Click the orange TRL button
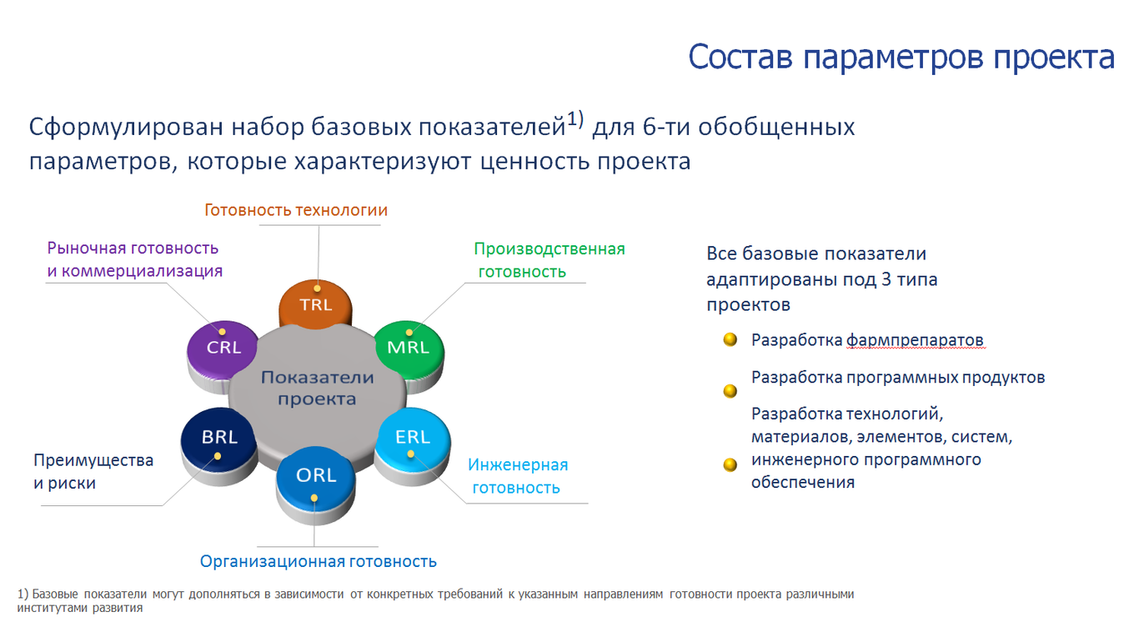(x=315, y=303)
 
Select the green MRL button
(x=409, y=349)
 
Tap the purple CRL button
(x=223, y=349)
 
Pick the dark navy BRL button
(x=218, y=439)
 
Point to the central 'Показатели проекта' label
(x=318, y=388)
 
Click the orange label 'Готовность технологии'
(x=296, y=210)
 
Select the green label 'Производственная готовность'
(x=549, y=260)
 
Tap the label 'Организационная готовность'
(x=318, y=561)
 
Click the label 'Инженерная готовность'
(x=518, y=476)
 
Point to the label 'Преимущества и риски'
(x=93, y=471)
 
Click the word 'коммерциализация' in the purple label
(x=143, y=271)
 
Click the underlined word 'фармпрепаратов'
(x=916, y=340)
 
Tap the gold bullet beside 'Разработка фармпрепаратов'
(x=730, y=339)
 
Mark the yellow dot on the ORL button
(x=314, y=499)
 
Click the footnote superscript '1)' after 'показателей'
(x=575, y=119)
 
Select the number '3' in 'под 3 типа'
(x=886, y=279)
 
